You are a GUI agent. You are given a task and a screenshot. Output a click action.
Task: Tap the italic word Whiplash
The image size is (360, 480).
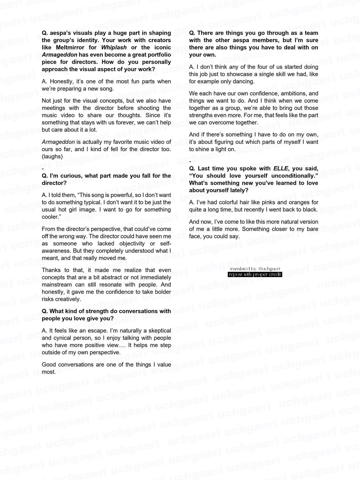[114, 47]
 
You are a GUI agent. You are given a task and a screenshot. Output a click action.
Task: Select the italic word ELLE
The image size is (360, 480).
[281, 168]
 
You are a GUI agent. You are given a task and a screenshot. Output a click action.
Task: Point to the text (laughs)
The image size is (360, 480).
[52, 156]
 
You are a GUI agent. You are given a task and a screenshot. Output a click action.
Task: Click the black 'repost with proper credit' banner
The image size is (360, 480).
[255, 274]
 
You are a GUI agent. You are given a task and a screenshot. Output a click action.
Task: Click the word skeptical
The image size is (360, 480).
[158, 330]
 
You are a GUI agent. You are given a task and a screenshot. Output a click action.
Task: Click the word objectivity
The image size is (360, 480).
[132, 243]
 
